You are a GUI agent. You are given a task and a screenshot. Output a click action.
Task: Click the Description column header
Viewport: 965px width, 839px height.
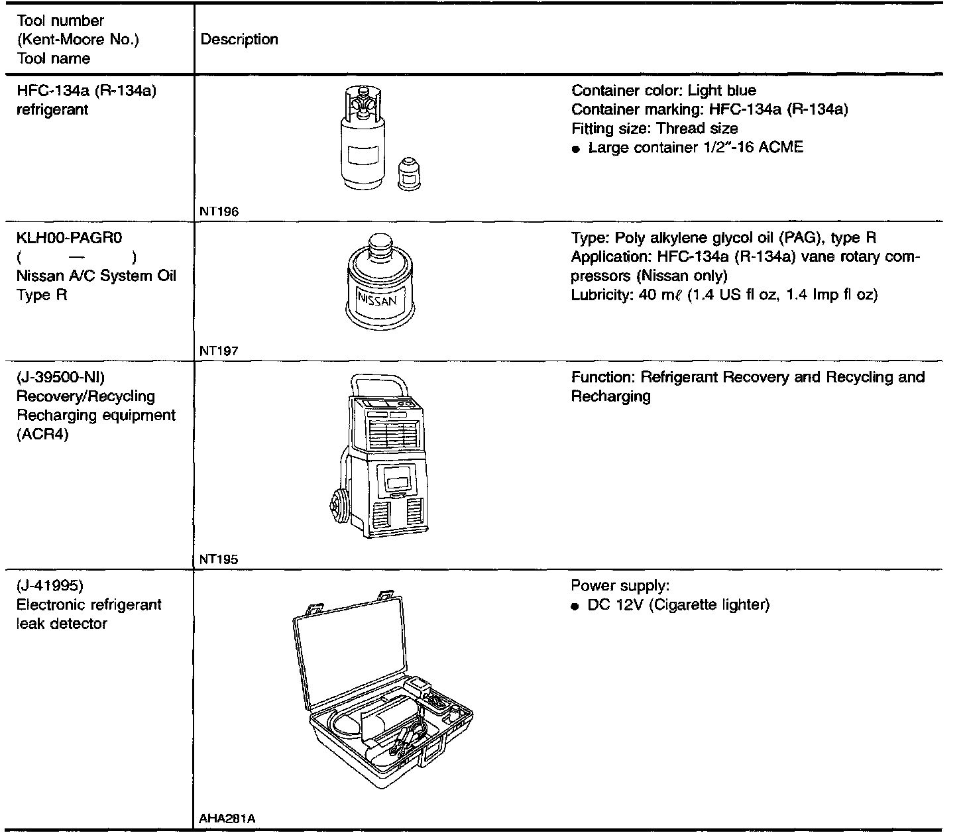pyautogui.click(x=239, y=39)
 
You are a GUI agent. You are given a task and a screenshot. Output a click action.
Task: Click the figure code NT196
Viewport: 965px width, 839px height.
pyautogui.click(x=219, y=212)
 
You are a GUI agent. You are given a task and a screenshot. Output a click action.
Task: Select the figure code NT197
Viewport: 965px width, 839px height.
pyautogui.click(x=219, y=351)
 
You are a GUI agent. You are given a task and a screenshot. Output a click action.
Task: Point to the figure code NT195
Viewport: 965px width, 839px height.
pyautogui.click(x=219, y=559)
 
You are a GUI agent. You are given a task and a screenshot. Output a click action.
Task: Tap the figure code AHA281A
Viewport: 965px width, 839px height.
pyautogui.click(x=227, y=819)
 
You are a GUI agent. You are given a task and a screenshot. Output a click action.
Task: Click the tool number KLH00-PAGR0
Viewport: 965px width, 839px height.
pyautogui.click(x=70, y=238)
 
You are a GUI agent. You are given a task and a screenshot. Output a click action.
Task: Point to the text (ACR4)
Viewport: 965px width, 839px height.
pyautogui.click(x=43, y=435)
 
